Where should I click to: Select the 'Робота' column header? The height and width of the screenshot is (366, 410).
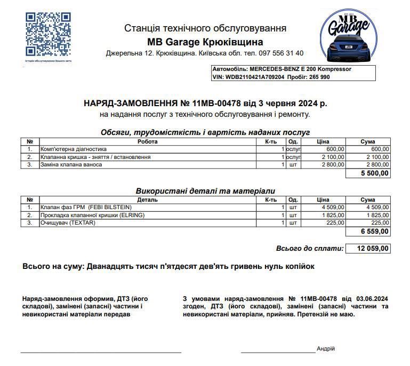tap(147, 142)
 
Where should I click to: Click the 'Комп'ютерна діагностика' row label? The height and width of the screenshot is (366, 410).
tap(74, 149)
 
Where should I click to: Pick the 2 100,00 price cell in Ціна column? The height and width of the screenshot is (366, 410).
tap(333, 157)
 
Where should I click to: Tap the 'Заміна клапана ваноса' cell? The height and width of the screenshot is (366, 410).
tap(71, 165)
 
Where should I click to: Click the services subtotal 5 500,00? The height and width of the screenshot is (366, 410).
tap(375, 173)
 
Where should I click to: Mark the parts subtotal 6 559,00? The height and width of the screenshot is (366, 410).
tap(375, 232)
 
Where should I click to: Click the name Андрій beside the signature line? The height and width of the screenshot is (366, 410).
tap(326, 348)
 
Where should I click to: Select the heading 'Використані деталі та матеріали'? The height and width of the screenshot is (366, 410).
tap(205, 190)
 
